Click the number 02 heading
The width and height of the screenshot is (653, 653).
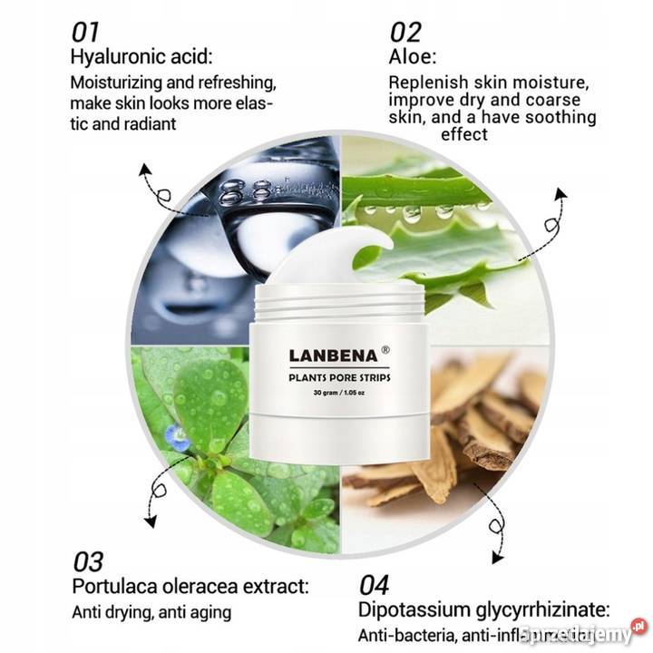(405, 32)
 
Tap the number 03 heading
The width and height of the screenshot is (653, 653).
(87, 560)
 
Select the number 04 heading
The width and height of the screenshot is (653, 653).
(375, 582)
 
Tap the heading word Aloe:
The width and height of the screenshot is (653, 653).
(414, 56)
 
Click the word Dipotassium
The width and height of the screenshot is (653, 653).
(414, 609)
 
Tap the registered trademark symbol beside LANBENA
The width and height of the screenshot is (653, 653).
(385, 346)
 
